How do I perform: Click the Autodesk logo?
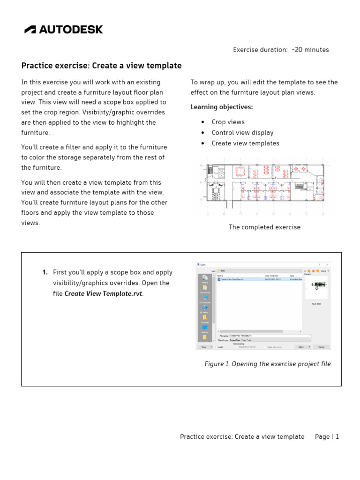64,30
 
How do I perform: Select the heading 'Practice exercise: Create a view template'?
101,66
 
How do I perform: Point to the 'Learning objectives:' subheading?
221,107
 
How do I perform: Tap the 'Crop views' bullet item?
228,122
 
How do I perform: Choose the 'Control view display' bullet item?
242,133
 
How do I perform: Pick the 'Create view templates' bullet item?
245,143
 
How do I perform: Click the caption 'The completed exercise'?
264,227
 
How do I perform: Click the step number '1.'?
45,272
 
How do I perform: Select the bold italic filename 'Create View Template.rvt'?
103,294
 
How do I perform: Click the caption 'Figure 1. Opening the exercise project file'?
268,364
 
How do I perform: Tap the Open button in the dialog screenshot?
301,347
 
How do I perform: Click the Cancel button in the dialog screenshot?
321,347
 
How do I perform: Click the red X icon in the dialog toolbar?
313,271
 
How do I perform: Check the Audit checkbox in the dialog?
217,347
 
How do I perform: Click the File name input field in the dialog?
270,336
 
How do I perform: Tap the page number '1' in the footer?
337,437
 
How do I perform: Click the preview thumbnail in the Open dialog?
316,288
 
